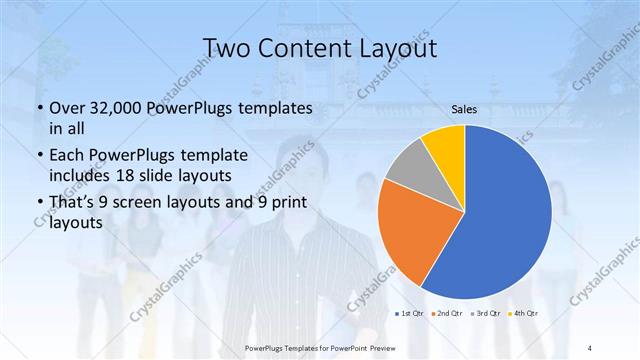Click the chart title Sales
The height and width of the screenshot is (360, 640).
click(464, 108)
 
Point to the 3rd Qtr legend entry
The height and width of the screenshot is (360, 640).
click(486, 313)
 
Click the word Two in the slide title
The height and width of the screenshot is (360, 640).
click(228, 49)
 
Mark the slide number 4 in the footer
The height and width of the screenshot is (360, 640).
click(590, 347)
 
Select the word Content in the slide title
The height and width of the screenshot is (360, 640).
click(306, 49)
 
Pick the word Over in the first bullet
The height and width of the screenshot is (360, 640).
click(66, 108)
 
